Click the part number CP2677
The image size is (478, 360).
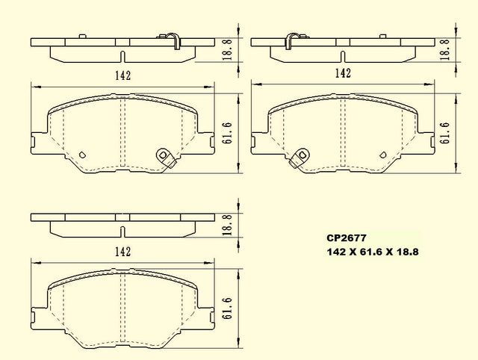[x=347, y=238]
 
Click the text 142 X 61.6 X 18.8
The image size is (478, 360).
[x=373, y=252]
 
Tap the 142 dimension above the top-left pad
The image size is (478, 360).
[x=122, y=75]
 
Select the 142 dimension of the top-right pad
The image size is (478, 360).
[x=343, y=73]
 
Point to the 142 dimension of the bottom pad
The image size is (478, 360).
[x=122, y=252]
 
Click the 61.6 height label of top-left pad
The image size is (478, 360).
[x=228, y=133]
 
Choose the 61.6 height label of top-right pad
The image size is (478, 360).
[x=445, y=133]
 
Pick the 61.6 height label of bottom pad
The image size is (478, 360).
[x=228, y=308]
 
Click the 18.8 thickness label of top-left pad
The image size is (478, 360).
[x=228, y=49]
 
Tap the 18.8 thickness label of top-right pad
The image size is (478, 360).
[x=445, y=49]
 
